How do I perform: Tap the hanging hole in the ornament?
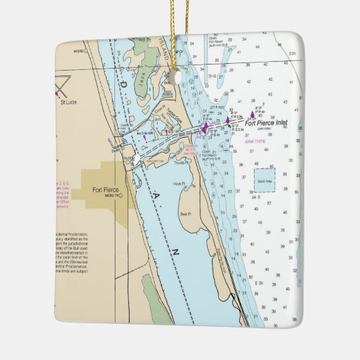179,77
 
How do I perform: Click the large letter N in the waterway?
175,252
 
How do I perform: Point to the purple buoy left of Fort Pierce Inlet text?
251,115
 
